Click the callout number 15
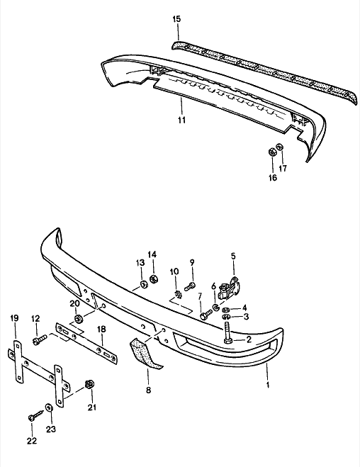176,19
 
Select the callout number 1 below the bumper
267,386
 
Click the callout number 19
13,319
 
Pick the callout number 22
31,440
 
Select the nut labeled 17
280,147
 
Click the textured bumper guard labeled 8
145,354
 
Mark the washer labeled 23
48,408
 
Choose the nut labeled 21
89,385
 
